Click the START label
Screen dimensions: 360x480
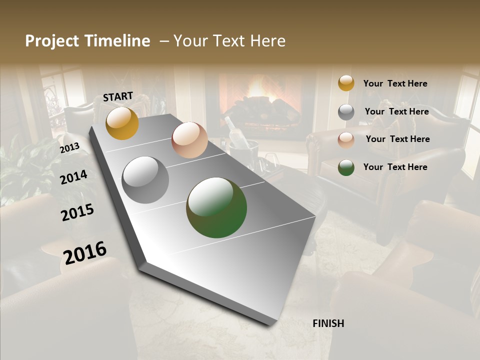tap(118, 96)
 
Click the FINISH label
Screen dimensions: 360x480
tap(328, 323)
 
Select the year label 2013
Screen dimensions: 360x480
tap(69, 148)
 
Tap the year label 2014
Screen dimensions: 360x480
tap(73, 177)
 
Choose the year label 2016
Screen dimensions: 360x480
tap(85, 253)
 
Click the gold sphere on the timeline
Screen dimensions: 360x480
tap(122, 123)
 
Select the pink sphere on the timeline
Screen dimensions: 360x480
tap(189, 140)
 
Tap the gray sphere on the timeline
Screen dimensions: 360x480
tap(145, 180)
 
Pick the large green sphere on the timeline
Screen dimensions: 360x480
tap(216, 207)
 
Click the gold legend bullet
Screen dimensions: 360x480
tap(346, 83)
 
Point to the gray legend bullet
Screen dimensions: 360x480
tap(346, 111)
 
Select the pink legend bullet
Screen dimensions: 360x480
tap(346, 139)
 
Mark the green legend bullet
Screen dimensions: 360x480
tap(346, 167)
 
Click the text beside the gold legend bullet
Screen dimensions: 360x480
tap(395, 83)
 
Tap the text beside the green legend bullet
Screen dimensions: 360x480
tap(395, 167)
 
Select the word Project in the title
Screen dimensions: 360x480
tap(51, 41)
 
